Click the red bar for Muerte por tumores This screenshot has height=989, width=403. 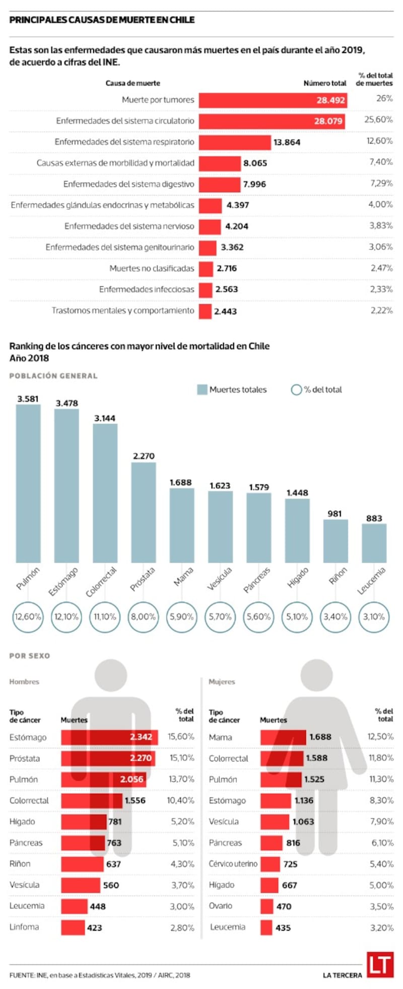272,100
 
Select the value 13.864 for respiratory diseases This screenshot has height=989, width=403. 287,142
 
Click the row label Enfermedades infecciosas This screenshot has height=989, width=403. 147,289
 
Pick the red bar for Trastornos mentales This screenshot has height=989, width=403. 205,311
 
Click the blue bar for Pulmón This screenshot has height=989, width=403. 28,483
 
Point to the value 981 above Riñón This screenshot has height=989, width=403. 334,513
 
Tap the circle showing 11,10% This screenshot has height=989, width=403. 105,617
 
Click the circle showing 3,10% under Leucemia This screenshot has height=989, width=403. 374,617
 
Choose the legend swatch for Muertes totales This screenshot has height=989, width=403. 202,390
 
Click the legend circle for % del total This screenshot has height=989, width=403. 296,390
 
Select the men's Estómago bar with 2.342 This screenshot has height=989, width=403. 109,737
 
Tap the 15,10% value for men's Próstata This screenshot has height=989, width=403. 181,758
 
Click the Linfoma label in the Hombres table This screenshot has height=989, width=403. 24,927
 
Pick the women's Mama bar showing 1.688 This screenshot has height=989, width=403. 283,737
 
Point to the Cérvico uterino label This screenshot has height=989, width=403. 233,864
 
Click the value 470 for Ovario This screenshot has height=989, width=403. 284,906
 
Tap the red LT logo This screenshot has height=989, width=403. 380,964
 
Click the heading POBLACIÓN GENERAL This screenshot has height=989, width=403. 53,376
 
